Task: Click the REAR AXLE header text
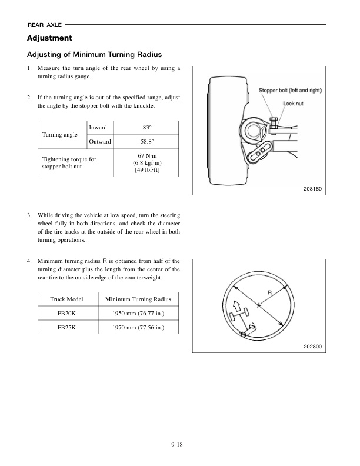click(44, 25)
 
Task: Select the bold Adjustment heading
click(49, 38)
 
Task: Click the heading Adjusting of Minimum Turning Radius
click(94, 55)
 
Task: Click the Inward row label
click(98, 128)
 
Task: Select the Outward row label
click(100, 142)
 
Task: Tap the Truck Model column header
click(67, 300)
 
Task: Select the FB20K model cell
click(67, 314)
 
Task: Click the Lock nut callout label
click(294, 103)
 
